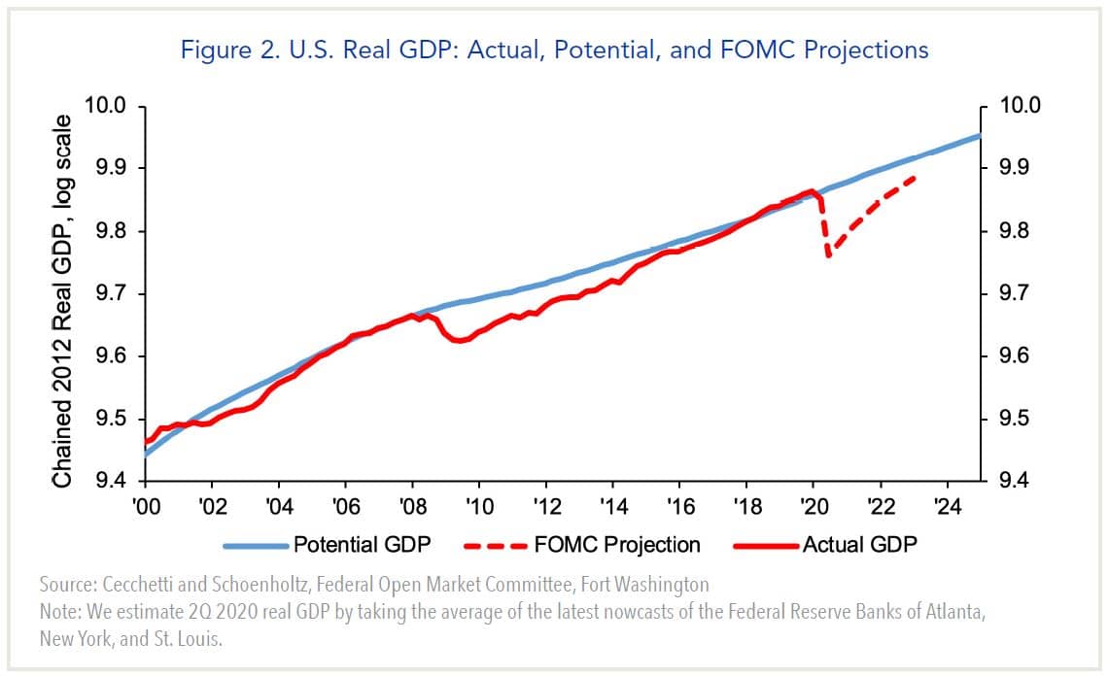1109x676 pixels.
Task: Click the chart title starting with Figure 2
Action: pyautogui.click(x=554, y=50)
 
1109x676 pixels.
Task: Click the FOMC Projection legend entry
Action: pyautogui.click(x=617, y=544)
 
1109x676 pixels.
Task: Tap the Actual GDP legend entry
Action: pyautogui.click(x=859, y=544)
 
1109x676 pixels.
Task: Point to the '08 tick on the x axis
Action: pyautogui.click(x=412, y=506)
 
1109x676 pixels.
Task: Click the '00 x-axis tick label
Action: pyautogui.click(x=145, y=506)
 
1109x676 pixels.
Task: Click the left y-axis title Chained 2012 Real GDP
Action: pyautogui.click(x=62, y=301)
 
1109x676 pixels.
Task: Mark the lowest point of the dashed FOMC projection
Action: pyautogui.click(x=828, y=257)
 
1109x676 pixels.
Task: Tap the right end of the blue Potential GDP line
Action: pyautogui.click(x=980, y=135)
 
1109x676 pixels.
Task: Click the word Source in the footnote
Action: pyautogui.click(x=66, y=585)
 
